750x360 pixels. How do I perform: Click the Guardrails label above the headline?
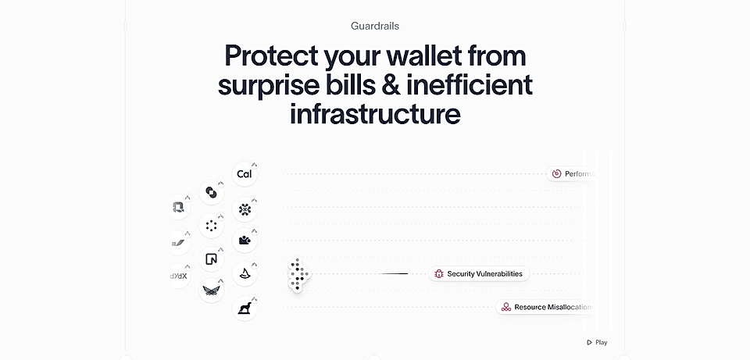click(375, 26)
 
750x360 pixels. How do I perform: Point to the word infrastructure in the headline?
click(375, 113)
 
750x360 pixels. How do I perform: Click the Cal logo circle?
click(244, 174)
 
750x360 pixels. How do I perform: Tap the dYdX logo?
click(179, 275)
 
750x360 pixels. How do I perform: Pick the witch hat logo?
click(245, 273)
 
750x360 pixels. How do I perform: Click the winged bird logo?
click(210, 290)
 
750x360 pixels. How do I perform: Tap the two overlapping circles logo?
click(210, 191)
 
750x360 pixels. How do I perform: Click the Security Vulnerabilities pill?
click(479, 274)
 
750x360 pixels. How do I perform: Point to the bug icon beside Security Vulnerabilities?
click(439, 274)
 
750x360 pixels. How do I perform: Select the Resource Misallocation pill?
click(545, 308)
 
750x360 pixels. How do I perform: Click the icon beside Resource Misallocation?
click(506, 308)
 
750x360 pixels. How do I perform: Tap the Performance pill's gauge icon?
click(556, 174)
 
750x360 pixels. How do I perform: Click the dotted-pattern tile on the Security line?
click(298, 275)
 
